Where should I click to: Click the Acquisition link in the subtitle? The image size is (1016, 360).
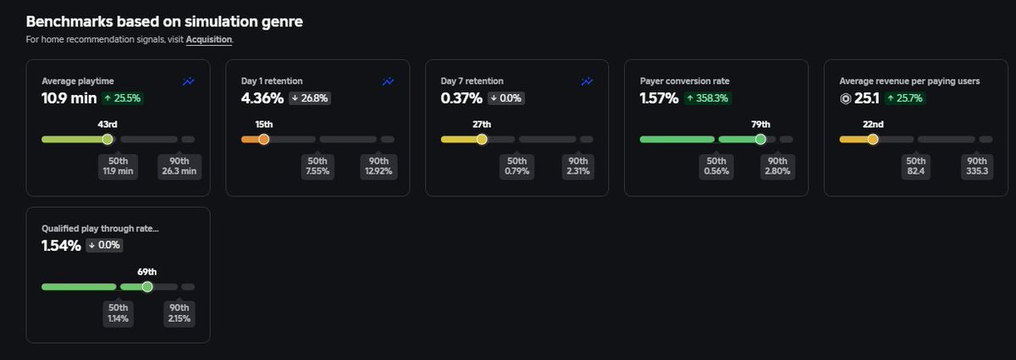tap(208, 40)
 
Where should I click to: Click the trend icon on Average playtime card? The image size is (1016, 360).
tap(188, 81)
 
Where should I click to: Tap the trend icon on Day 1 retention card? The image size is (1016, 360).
tap(388, 81)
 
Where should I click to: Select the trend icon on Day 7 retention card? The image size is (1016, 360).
tap(587, 81)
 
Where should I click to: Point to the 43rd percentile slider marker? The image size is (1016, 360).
tap(108, 140)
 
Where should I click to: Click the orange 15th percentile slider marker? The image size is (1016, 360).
tap(263, 140)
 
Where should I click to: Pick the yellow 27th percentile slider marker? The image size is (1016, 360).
tap(482, 140)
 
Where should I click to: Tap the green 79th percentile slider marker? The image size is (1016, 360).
tap(760, 140)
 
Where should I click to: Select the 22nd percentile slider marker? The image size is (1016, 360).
tap(873, 140)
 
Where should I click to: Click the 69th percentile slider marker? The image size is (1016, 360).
tap(147, 287)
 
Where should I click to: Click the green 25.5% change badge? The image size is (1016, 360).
tap(123, 98)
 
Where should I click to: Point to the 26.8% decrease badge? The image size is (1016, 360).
tap(310, 98)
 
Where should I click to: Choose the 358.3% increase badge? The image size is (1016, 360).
tap(708, 98)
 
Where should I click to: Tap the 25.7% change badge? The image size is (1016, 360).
tap(905, 98)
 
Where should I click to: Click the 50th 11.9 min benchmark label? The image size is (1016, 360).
tap(118, 166)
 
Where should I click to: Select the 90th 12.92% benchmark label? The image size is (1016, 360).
tap(378, 166)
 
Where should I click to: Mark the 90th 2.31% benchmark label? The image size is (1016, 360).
tap(577, 166)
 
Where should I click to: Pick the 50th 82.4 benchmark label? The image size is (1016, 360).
tap(916, 166)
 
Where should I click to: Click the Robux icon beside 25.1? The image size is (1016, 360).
tap(846, 98)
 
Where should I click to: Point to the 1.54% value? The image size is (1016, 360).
tap(61, 246)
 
